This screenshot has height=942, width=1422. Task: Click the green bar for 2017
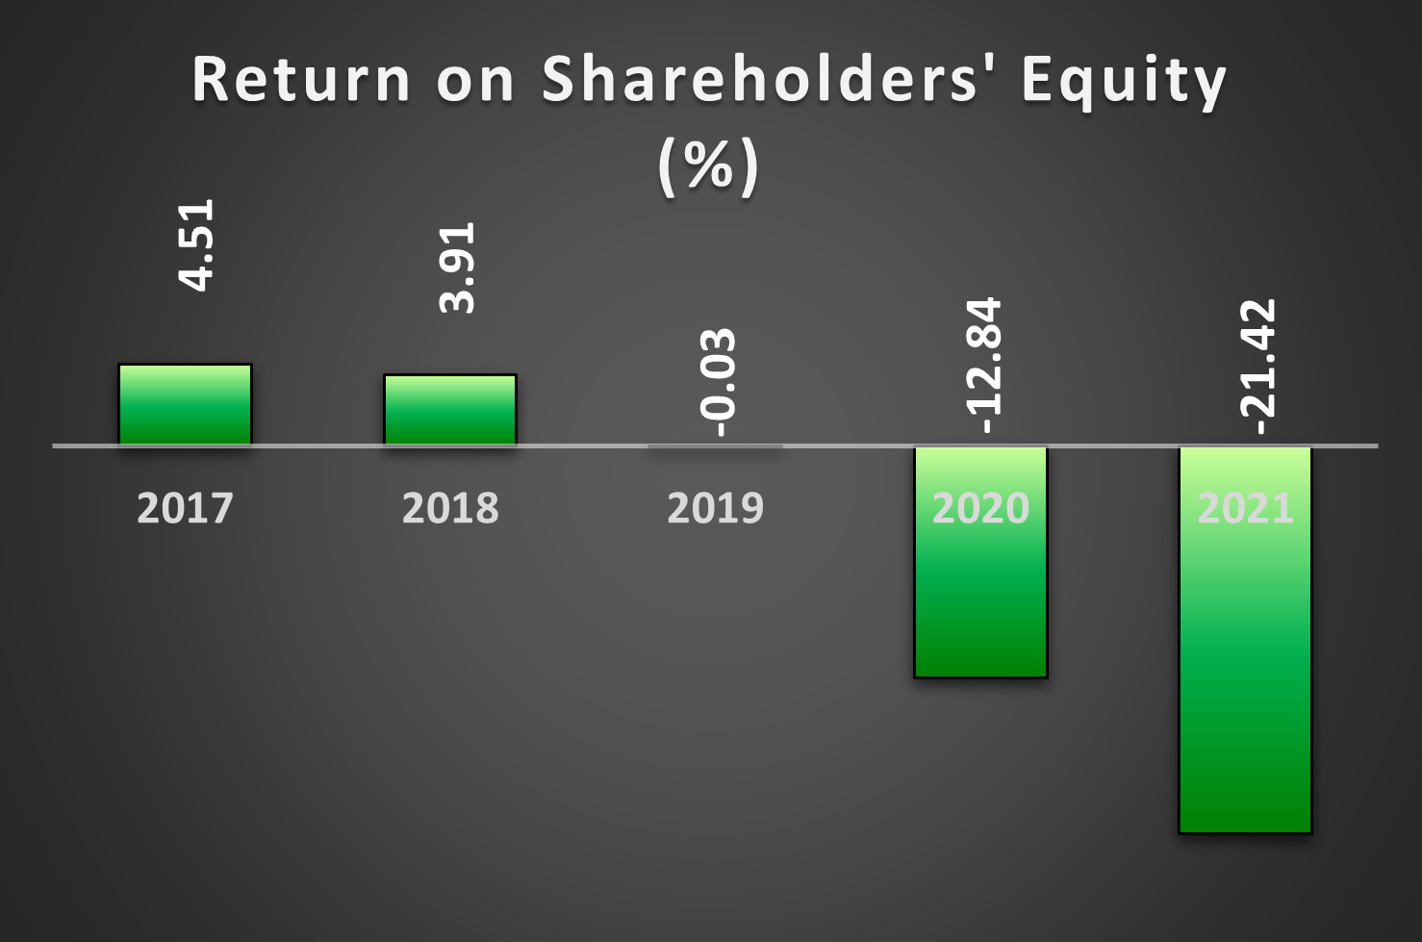point(186,404)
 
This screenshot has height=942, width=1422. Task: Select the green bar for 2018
point(450,410)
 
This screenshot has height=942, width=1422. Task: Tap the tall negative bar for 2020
point(980,562)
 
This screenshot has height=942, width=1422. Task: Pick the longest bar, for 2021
point(1246,640)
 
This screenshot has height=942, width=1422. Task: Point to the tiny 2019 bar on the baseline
point(716,446)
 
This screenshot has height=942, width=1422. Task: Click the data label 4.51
point(195,245)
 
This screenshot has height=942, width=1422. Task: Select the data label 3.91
point(456,267)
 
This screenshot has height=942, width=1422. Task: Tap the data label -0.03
point(718,383)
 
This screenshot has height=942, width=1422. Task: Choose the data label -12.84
point(982,366)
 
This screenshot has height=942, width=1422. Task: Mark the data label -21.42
point(1257,367)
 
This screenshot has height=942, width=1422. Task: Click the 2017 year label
point(186,508)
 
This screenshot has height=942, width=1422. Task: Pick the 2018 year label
point(450,508)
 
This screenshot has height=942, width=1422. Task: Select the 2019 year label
point(716,508)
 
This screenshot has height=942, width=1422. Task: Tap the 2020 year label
point(980,508)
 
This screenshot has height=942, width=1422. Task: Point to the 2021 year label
point(1246,508)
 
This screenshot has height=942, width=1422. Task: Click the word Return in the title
point(301,79)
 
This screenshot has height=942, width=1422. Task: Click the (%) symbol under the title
point(708,167)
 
